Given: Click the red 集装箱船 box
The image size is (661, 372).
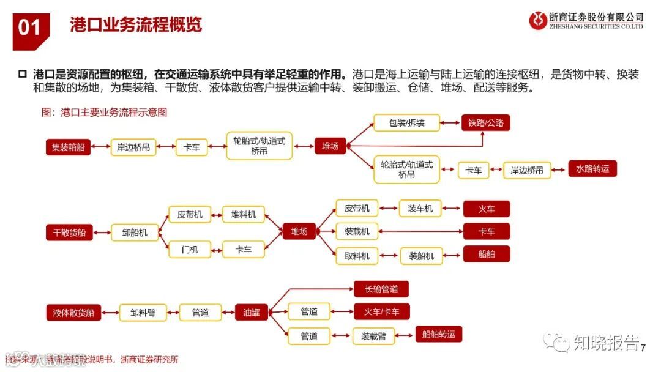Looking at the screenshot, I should coord(68,147).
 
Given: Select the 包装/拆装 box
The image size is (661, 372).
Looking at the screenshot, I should coord(407,123).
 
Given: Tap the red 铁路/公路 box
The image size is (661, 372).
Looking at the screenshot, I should coord(486,123).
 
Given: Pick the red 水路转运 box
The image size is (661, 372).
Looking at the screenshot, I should coord(592,169).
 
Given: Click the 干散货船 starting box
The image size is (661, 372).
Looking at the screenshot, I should coord(68,232).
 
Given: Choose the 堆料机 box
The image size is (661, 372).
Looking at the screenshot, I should coord(243,215).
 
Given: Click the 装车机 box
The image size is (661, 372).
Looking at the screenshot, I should coord(420,209).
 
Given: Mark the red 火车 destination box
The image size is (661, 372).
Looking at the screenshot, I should coord(487,209).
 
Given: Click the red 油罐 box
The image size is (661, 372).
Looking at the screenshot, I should coord(252,312).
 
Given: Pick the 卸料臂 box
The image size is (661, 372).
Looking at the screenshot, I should coord(143,313).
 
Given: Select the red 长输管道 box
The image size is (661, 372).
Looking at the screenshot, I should coord(381,289).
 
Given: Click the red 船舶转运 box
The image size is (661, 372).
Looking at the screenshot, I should coord(438,334).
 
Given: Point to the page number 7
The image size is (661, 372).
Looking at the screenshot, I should coord(643,348).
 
